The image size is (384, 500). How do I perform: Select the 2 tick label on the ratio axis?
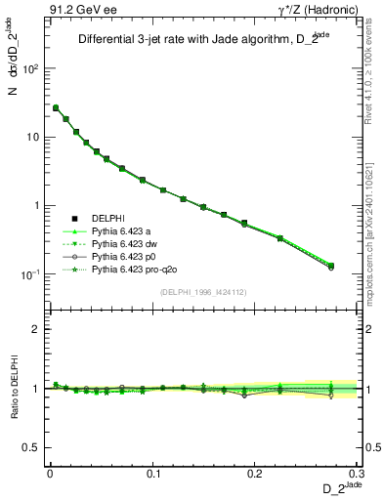(36, 329)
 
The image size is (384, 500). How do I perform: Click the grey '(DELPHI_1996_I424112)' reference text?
(203, 290)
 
